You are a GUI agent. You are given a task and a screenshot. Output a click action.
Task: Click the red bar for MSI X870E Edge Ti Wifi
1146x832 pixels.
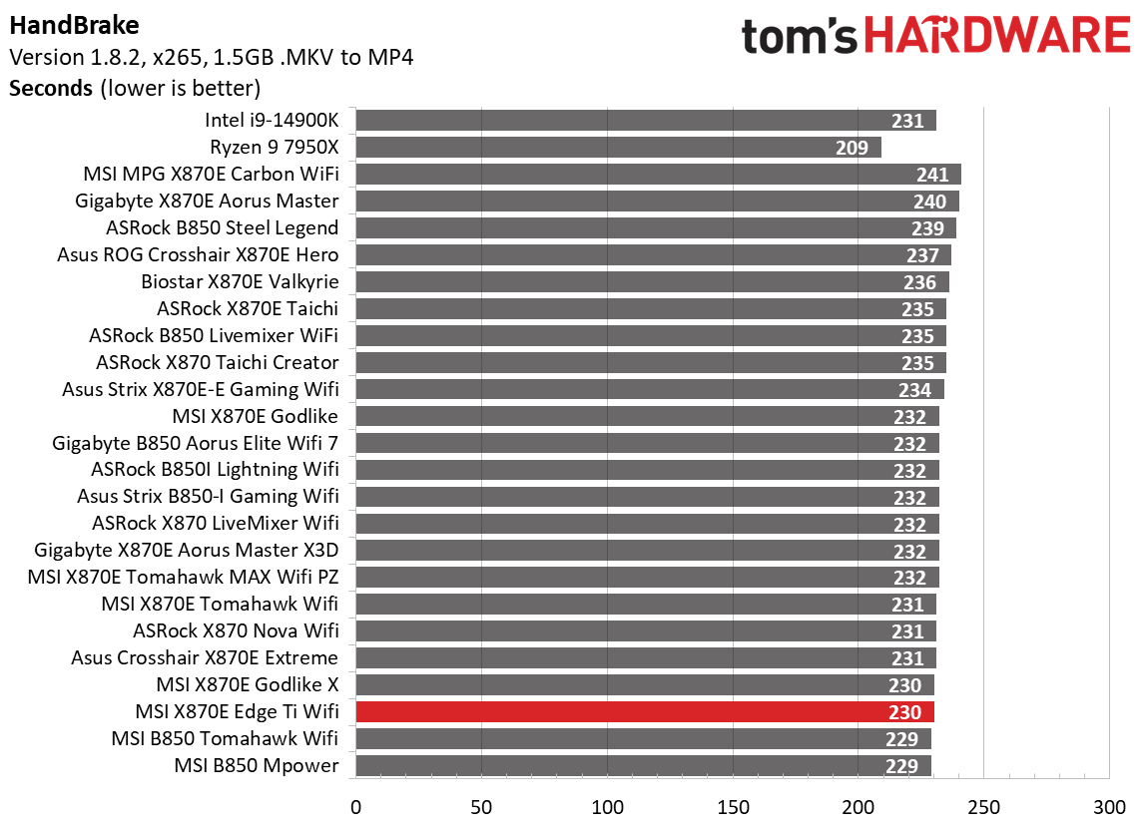pyautogui.click(x=644, y=712)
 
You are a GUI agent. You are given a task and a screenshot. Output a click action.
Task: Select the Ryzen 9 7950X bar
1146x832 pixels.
pyautogui.click(x=618, y=148)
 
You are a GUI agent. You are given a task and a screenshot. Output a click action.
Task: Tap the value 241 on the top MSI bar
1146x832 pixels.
pyautogui.click(x=932, y=175)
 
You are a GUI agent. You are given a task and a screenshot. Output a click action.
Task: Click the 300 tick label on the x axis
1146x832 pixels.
pyautogui.click(x=1109, y=806)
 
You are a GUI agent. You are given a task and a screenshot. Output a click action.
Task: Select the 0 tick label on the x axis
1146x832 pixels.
pyautogui.click(x=355, y=806)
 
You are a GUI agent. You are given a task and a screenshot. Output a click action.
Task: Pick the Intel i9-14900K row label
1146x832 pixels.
pyautogui.click(x=272, y=121)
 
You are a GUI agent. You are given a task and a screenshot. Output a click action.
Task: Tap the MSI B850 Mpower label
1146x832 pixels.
pyautogui.click(x=257, y=766)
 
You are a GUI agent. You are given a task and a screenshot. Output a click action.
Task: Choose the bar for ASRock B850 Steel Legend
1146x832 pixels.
pyautogui.click(x=655, y=228)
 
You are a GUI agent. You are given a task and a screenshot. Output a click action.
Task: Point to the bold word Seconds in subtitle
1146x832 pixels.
pyautogui.click(x=51, y=88)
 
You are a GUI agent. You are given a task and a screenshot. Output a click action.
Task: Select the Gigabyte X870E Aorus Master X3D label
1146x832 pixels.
pyautogui.click(x=187, y=551)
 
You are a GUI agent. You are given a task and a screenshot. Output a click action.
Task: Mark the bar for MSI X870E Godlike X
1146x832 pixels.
pyautogui.click(x=644, y=685)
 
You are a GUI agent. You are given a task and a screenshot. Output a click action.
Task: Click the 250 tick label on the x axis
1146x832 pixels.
pyautogui.click(x=983, y=806)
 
